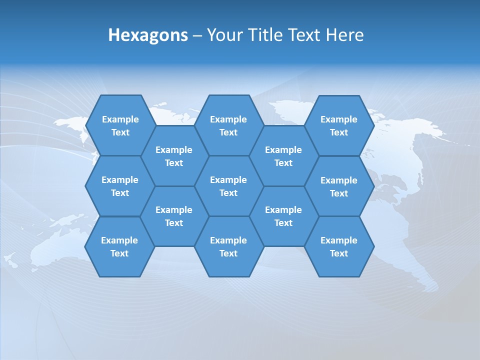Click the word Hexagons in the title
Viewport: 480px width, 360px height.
point(148,35)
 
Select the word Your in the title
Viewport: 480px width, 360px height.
point(224,35)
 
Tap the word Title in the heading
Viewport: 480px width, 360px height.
point(264,35)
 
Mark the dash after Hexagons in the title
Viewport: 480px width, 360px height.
point(197,35)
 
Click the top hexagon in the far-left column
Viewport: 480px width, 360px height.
point(120,125)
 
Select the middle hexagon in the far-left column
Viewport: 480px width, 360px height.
point(120,186)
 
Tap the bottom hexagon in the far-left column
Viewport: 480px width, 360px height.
point(119,246)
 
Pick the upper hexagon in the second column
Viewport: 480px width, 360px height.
point(174,156)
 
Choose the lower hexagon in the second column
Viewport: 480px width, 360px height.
point(174,216)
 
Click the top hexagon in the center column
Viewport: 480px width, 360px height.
point(228,125)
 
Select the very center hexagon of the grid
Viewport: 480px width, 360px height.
point(228,186)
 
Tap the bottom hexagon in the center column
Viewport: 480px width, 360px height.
point(228,246)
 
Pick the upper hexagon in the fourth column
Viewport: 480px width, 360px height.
point(283,156)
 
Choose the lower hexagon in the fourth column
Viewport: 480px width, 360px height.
point(283,216)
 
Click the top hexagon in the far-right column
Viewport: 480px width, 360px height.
point(339,125)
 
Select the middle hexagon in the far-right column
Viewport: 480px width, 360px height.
point(339,186)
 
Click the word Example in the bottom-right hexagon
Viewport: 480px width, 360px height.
point(339,240)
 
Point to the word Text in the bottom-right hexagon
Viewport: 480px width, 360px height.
point(339,253)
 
